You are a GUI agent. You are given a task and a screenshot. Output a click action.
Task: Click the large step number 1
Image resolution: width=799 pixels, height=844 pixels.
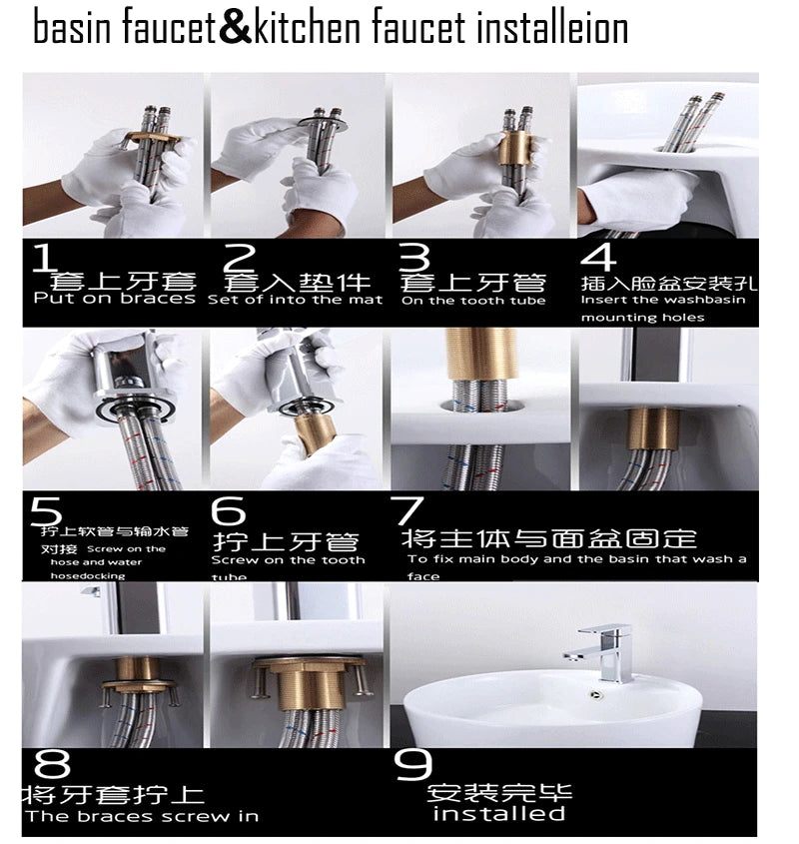pos(43,257)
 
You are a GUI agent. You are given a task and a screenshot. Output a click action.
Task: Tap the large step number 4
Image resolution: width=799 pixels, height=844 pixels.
pos(600,257)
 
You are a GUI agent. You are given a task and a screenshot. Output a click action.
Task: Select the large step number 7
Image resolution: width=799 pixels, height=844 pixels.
pos(409,510)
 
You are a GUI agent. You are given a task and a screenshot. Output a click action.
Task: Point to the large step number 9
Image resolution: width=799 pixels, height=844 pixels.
pos(411,765)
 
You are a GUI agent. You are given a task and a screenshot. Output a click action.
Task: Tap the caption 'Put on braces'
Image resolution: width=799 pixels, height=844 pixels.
pos(114,298)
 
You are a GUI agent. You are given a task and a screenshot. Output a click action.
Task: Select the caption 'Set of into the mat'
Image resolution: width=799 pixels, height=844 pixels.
pos(296,299)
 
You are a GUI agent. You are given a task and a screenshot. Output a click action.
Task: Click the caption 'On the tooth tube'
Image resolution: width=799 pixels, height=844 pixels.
pos(473,300)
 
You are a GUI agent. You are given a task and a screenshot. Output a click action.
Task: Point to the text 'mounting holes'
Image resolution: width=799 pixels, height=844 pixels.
pos(642,318)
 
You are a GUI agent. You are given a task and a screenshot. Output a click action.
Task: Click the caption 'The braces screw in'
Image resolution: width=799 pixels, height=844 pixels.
pos(142,816)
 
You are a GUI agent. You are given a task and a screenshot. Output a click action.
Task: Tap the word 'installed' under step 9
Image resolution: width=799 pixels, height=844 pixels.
pos(499,814)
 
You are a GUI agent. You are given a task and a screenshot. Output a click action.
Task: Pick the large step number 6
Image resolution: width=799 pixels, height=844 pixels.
pos(229,510)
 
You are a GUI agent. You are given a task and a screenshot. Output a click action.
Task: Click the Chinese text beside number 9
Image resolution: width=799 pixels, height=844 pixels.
pos(499,793)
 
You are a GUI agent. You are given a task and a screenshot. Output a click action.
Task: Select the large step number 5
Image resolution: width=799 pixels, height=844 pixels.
pos(45,510)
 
